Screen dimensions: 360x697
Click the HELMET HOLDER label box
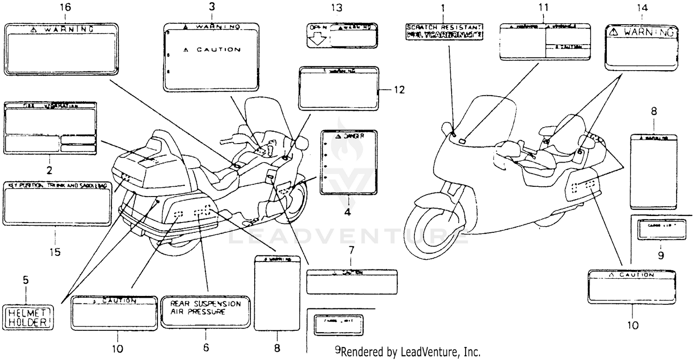(x=28, y=317)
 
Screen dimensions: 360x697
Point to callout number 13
(x=342, y=7)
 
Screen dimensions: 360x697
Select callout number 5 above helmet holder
(x=26, y=280)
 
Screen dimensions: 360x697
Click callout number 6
(x=206, y=347)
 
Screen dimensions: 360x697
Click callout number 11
(x=544, y=7)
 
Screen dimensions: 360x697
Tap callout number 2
(x=49, y=170)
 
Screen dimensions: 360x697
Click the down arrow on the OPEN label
(x=318, y=39)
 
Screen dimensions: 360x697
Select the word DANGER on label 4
(x=350, y=136)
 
